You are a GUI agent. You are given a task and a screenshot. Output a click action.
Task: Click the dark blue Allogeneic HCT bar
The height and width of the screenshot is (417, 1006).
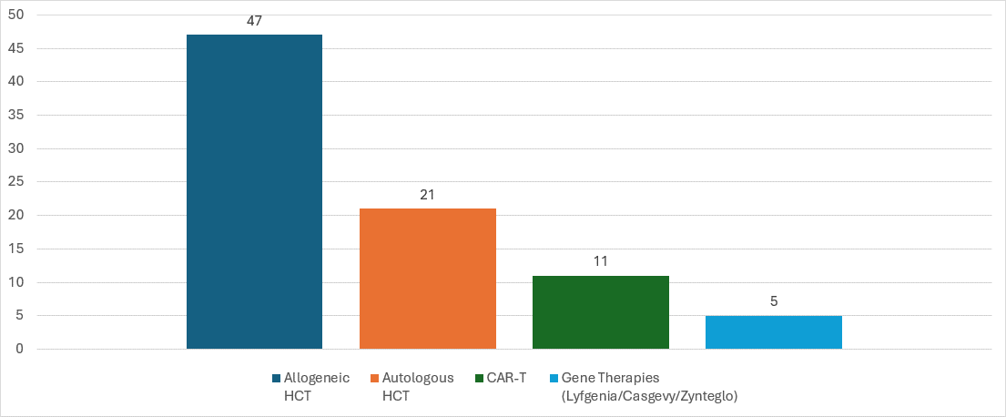click(254, 191)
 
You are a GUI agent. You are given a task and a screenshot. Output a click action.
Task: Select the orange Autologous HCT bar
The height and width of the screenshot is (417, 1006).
click(428, 278)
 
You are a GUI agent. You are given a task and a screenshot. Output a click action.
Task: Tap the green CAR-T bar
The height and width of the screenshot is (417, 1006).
click(601, 311)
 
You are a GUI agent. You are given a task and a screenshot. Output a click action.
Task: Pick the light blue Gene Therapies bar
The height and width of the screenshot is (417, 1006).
click(774, 331)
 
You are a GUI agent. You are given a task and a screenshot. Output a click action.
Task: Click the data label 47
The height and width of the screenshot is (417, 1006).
click(254, 20)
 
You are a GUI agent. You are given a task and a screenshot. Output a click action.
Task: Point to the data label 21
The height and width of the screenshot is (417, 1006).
click(428, 194)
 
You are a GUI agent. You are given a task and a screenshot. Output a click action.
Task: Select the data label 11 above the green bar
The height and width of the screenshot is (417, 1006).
click(601, 261)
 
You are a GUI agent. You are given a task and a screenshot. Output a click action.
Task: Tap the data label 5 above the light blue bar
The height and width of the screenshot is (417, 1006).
click(774, 301)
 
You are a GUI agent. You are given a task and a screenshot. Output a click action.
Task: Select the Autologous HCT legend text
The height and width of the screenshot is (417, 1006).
click(417, 386)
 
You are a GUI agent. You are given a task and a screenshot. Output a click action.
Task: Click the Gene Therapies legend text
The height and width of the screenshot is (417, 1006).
click(649, 386)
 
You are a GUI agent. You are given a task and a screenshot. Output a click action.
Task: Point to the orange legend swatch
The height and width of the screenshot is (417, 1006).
click(374, 378)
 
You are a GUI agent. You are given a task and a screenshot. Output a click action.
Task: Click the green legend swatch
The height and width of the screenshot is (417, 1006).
click(480, 378)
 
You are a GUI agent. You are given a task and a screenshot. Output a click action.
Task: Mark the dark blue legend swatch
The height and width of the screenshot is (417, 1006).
click(276, 378)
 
